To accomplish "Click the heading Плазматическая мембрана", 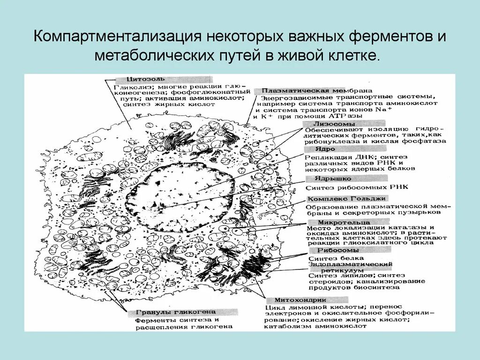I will pos(317,90).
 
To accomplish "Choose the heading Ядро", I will pos(315,149).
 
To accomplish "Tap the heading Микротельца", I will pos(337,222).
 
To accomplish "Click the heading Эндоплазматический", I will pos(350,264).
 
